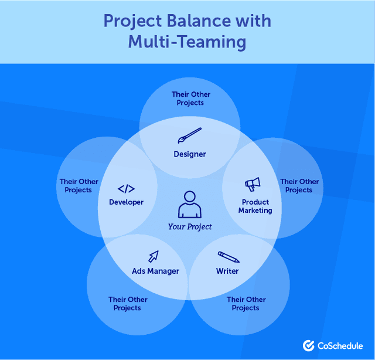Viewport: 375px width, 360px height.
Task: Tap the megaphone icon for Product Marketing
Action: [x=252, y=185]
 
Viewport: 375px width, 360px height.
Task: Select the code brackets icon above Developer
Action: [x=126, y=189]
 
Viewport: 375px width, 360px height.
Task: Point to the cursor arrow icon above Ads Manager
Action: [x=154, y=256]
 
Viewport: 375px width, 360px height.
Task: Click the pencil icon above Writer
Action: [x=228, y=257]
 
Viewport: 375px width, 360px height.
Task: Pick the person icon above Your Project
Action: [x=190, y=205]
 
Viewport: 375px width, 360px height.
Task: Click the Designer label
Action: [x=190, y=154]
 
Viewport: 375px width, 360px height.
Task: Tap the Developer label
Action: [x=126, y=202]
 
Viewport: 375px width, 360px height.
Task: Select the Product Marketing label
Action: [x=255, y=206]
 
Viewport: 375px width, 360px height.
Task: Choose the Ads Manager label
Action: [x=155, y=271]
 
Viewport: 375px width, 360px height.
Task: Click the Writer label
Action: [x=227, y=271]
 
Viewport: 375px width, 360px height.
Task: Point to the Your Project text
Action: [x=190, y=226]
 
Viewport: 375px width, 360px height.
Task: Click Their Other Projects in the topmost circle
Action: [x=191, y=99]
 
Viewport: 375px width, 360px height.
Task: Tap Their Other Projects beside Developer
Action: [x=79, y=186]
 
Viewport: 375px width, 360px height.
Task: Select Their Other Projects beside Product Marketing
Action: [x=299, y=186]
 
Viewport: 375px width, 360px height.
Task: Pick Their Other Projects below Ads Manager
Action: [x=128, y=304]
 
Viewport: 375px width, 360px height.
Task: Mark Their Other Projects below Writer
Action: [x=246, y=304]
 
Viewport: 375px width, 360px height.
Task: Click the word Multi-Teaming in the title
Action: [x=187, y=42]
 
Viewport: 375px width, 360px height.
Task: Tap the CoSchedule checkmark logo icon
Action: [x=308, y=345]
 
